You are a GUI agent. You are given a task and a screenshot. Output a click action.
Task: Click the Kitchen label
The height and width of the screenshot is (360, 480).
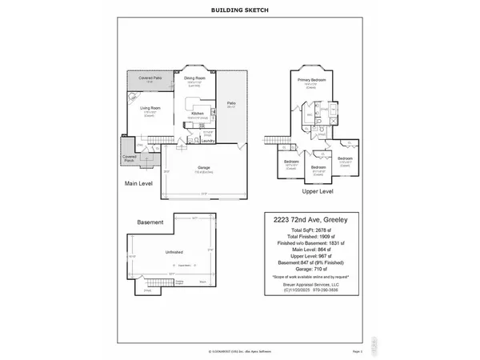[198, 114]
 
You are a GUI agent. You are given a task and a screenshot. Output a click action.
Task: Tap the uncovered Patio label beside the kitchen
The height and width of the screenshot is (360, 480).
[231, 104]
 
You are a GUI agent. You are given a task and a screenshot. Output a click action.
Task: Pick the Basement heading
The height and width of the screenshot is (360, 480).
[150, 222]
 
